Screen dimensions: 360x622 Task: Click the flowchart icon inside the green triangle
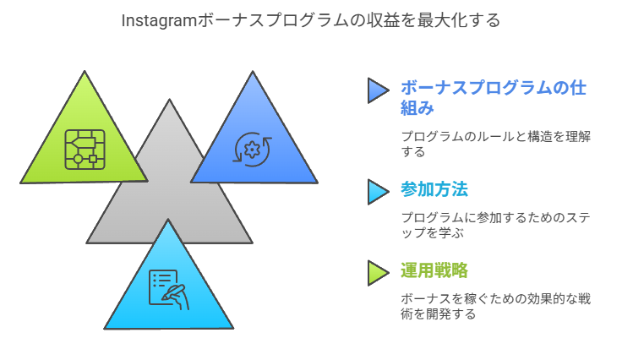[x=85, y=150]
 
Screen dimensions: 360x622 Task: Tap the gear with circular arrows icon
[x=253, y=149]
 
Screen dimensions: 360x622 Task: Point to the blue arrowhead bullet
[x=377, y=90]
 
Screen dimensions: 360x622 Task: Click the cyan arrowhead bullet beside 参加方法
[x=377, y=191]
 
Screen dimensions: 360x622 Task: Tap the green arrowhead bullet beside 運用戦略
[x=377, y=272]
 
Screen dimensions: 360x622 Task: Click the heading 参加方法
[x=434, y=190]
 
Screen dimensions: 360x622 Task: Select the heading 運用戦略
[x=434, y=271]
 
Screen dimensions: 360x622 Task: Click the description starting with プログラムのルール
[x=494, y=145]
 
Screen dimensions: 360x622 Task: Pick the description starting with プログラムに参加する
[x=494, y=226]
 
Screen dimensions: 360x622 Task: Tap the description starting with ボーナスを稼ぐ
[x=494, y=306]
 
